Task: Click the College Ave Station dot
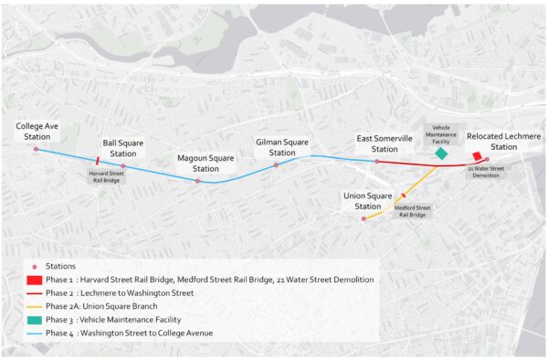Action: click(36, 148)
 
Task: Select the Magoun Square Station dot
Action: click(197, 181)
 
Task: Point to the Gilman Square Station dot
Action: click(276, 164)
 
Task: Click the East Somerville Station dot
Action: click(376, 162)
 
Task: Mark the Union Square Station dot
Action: click(364, 218)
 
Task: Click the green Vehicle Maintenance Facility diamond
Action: click(442, 154)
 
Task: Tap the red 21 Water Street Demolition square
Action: click(477, 156)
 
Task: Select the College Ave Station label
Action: click(36, 131)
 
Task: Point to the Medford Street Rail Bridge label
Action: click(411, 211)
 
